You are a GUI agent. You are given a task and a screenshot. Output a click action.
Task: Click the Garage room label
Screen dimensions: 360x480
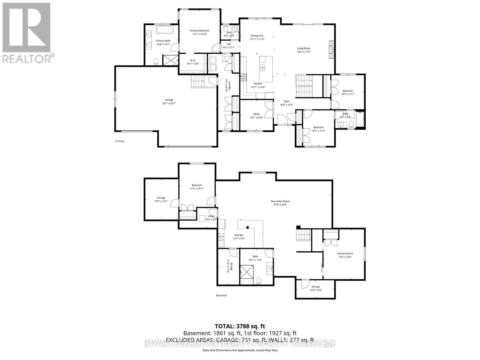(x=169, y=100)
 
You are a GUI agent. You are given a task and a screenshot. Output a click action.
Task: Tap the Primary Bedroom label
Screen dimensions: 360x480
(x=199, y=31)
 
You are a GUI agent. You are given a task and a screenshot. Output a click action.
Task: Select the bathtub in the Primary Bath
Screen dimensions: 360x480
(x=163, y=30)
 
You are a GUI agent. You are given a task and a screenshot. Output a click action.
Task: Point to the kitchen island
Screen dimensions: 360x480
(x=266, y=69)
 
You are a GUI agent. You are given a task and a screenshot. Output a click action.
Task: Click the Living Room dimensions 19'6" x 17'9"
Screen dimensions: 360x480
(x=304, y=52)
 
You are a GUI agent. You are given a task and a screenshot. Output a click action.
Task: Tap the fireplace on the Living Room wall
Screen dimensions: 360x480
(x=331, y=49)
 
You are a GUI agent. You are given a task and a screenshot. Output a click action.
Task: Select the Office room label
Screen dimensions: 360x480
(x=256, y=114)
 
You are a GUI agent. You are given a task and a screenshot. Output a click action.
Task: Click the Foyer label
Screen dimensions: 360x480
(x=286, y=101)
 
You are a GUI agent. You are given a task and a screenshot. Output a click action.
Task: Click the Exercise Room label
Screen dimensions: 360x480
(x=345, y=253)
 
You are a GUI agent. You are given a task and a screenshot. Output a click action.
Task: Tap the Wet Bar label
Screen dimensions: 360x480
(x=239, y=235)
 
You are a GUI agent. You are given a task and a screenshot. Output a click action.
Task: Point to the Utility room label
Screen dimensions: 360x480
(x=211, y=216)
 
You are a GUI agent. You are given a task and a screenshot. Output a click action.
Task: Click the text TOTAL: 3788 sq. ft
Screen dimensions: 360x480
(x=240, y=326)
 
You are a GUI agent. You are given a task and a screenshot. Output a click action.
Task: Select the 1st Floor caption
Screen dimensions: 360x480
(x=119, y=141)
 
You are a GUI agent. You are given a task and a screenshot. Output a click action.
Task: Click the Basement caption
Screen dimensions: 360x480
(x=221, y=295)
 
